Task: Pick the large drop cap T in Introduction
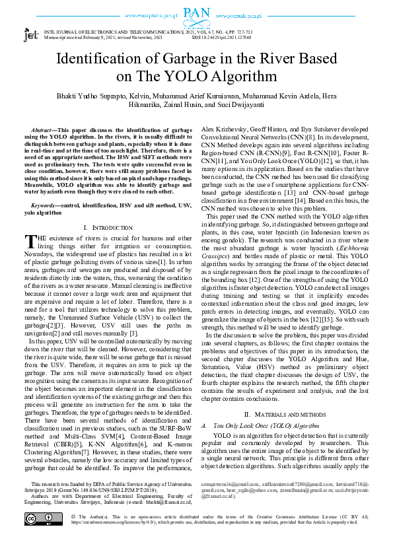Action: (30, 223)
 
